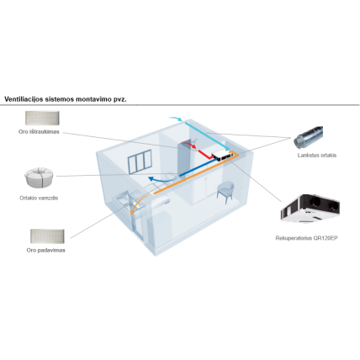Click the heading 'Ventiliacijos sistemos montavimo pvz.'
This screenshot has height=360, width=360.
[x=66, y=99]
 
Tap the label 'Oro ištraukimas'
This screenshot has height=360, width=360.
[x=39, y=131]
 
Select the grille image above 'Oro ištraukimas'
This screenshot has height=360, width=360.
[x=42, y=118]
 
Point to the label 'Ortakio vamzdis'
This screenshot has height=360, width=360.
[x=39, y=198]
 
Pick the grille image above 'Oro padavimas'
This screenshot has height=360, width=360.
[x=47, y=236]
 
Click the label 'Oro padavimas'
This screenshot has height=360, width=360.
[x=46, y=250]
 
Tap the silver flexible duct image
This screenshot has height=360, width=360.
[x=309, y=138]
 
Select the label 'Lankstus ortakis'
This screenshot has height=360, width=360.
[x=317, y=155]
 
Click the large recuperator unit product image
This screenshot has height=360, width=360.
[x=310, y=208]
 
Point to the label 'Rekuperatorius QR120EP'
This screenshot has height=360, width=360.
[x=306, y=238]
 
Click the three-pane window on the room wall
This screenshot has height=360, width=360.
[x=140, y=161]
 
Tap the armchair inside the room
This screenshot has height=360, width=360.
[x=225, y=192]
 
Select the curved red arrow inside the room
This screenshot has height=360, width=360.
[x=189, y=145]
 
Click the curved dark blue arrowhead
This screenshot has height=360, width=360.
[x=152, y=178]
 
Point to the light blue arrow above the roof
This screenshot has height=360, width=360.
[x=176, y=119]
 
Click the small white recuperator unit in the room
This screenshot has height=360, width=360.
[x=222, y=155]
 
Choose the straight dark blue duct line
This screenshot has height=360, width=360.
[x=199, y=167]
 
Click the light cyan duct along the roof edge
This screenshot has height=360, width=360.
[x=208, y=136]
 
